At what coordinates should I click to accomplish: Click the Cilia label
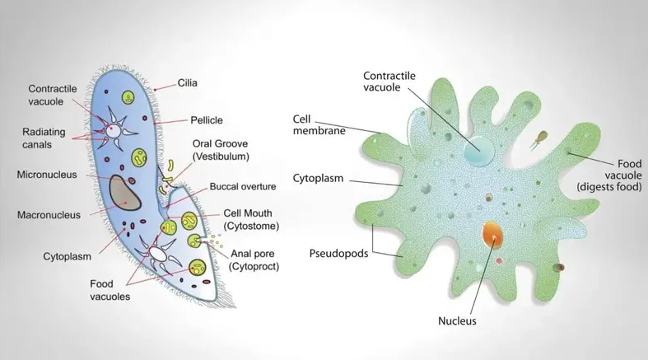pyautogui.click(x=187, y=83)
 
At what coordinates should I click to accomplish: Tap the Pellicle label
pyautogui.click(x=207, y=120)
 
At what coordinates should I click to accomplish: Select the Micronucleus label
pyautogui.click(x=48, y=175)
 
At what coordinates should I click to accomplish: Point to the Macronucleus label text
pyautogui.click(x=49, y=215)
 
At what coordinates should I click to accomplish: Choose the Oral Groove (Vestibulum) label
pyautogui.click(x=221, y=149)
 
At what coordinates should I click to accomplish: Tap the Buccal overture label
pyautogui.click(x=242, y=186)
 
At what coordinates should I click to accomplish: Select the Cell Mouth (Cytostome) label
pyautogui.click(x=251, y=219)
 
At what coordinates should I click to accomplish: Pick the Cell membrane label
pyautogui.click(x=318, y=124)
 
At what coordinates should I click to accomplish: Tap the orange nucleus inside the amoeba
pyautogui.click(x=492, y=235)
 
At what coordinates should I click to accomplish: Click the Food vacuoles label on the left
pyautogui.click(x=110, y=290)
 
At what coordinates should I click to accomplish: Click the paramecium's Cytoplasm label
pyautogui.click(x=66, y=256)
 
